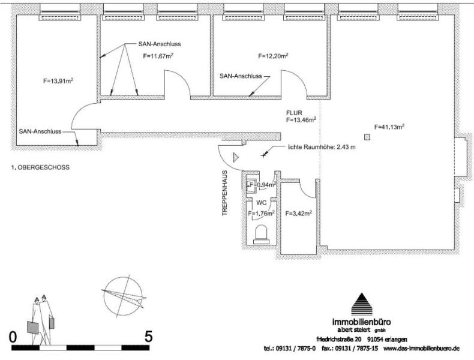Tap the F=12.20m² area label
(x=273, y=56)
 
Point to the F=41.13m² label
(x=389, y=127)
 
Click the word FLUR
(x=294, y=112)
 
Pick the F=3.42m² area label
(x=298, y=212)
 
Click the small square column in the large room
(x=367, y=137)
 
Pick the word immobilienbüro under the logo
(x=362, y=321)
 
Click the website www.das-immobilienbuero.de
(x=421, y=348)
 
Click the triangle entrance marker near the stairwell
(x=236, y=157)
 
